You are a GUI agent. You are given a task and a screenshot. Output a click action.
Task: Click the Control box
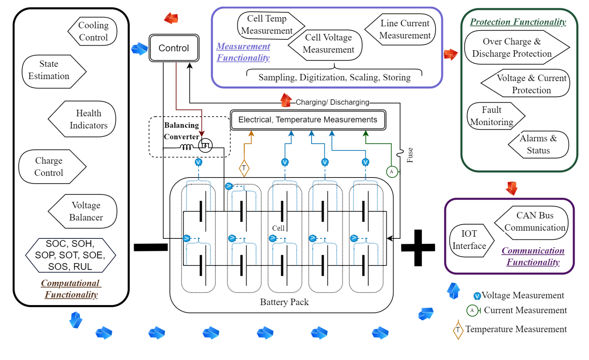pos(174,48)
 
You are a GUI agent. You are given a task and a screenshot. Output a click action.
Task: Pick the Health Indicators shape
pos(83,119)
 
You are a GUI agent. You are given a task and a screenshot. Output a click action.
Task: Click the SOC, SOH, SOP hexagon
pos(70,255)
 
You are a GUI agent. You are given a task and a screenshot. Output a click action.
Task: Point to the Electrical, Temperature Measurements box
pos(308,120)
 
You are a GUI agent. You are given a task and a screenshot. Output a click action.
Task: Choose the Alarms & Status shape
pos(539,144)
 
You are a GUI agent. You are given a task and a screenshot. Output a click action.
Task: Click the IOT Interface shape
pos(470,240)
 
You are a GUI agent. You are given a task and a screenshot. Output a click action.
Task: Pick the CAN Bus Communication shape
pos(532,222)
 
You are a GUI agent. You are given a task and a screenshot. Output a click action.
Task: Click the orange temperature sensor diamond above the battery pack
pos(244,168)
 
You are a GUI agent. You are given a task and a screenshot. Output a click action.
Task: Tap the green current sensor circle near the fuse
pos(392,171)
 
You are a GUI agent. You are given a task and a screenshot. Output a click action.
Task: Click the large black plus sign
pos(418,248)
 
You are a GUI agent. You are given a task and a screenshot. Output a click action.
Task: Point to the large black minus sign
pos(151,247)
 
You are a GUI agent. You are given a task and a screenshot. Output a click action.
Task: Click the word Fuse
pos(410,155)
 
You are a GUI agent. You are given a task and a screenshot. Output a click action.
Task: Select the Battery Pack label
pos(284,302)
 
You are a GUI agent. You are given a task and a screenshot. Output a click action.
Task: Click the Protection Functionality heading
pos(518,22)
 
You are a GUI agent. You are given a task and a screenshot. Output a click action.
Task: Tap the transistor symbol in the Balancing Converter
pos(205,146)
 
